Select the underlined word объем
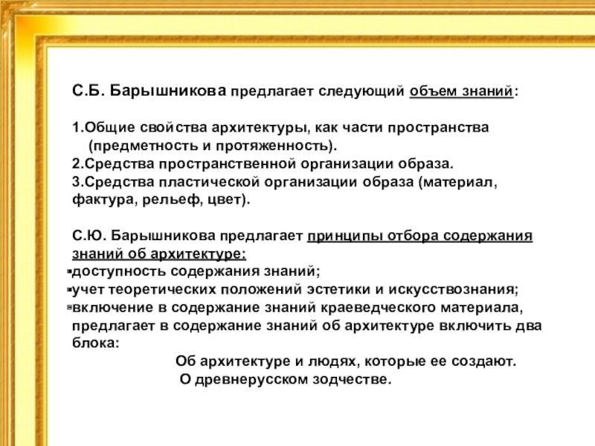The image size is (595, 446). pos(428,92)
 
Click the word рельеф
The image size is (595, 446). pos(161,201)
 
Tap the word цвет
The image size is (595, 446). pos(226,201)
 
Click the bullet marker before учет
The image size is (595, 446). pos(68,289)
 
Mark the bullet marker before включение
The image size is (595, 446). pos(68,307)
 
